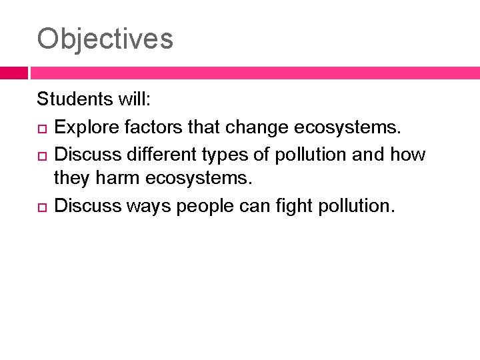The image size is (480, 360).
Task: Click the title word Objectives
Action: coord(105,39)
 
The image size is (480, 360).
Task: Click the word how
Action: coord(407,154)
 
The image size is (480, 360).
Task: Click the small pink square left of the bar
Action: coord(13,73)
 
